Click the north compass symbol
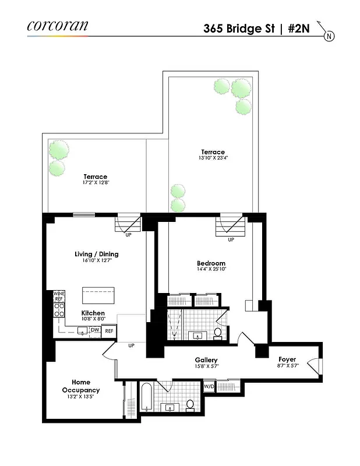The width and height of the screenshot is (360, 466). point(329,36)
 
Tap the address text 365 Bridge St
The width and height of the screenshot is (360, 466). point(239,27)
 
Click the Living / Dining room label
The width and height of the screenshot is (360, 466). point(97,254)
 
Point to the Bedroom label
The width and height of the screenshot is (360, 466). point(211,263)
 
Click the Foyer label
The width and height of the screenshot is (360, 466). point(287,359)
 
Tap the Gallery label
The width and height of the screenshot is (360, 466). point(206,360)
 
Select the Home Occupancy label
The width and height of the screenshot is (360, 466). point(81,386)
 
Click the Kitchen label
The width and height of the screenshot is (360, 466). point(93,313)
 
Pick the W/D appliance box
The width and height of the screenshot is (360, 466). point(209,386)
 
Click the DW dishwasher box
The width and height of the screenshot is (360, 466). point(95,330)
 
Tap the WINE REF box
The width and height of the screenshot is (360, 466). point(59,295)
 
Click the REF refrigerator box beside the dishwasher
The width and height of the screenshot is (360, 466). point(110,331)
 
